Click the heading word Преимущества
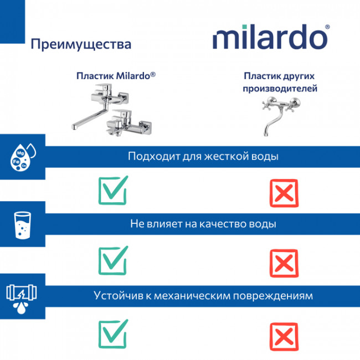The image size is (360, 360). (x=81, y=44)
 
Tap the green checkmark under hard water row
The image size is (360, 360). (x=114, y=189)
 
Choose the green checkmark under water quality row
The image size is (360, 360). (x=114, y=257)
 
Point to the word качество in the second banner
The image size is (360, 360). (x=220, y=224)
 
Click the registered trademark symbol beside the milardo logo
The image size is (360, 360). (x=328, y=26)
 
